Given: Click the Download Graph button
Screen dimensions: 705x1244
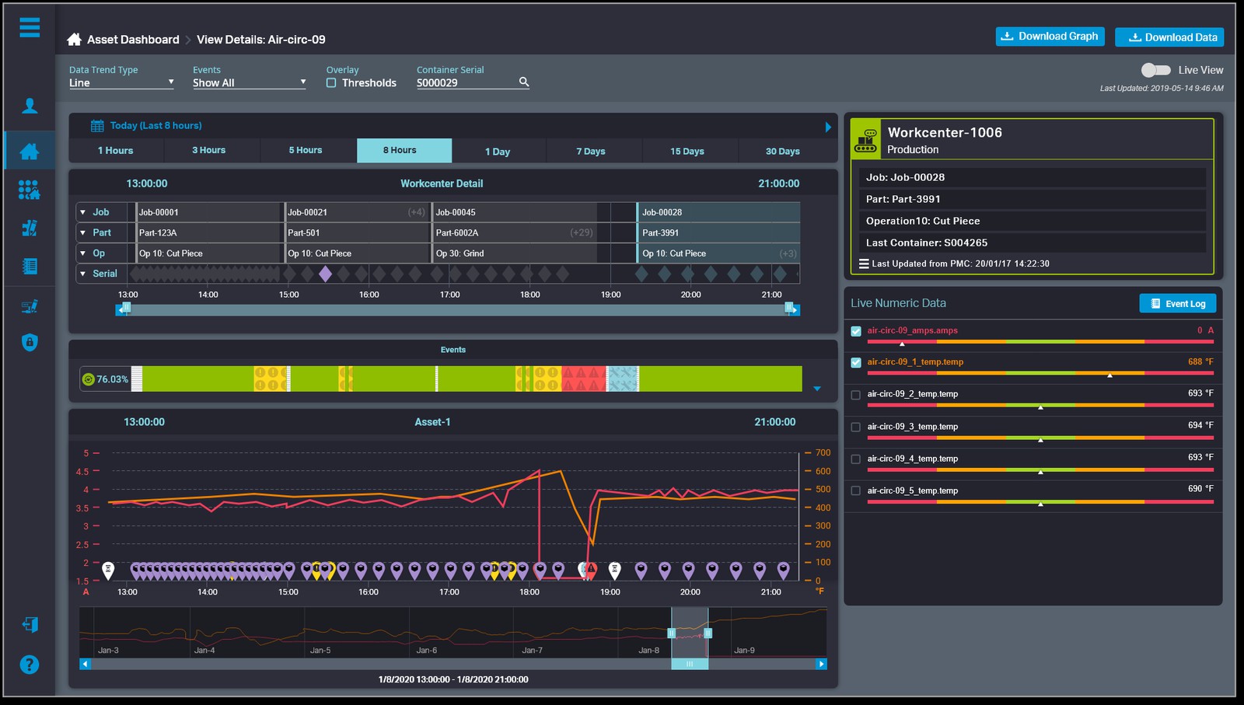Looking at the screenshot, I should click(x=1050, y=37).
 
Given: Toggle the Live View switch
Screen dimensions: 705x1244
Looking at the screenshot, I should click(x=1155, y=70).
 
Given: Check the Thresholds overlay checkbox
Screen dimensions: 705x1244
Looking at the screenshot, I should click(x=331, y=83).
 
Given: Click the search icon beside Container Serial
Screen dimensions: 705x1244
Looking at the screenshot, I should click(x=524, y=82).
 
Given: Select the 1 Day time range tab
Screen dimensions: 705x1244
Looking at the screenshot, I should click(x=498, y=152).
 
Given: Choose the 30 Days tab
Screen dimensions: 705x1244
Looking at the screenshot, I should click(x=782, y=152).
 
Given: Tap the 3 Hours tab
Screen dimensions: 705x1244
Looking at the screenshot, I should click(x=209, y=151).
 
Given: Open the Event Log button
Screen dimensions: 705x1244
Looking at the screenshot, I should click(x=1177, y=304).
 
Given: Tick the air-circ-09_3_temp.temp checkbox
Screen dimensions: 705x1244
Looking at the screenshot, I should click(x=856, y=427).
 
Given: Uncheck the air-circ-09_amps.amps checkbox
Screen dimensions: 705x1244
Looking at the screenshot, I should click(x=856, y=331).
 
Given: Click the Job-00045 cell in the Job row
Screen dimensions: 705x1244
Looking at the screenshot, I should click(x=513, y=212).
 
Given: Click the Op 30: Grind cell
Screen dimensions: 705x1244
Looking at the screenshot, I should click(x=513, y=253).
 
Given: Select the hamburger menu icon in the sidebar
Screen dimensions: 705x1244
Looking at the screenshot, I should click(x=30, y=28).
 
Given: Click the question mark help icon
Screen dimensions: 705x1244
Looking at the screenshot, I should click(x=30, y=665).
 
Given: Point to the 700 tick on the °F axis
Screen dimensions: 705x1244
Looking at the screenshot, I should click(x=823, y=452).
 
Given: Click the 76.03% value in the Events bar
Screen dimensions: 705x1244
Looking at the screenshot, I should click(x=112, y=379).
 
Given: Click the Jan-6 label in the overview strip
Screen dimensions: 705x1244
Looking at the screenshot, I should click(x=427, y=651).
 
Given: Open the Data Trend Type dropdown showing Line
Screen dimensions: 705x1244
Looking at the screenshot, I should click(x=121, y=83).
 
